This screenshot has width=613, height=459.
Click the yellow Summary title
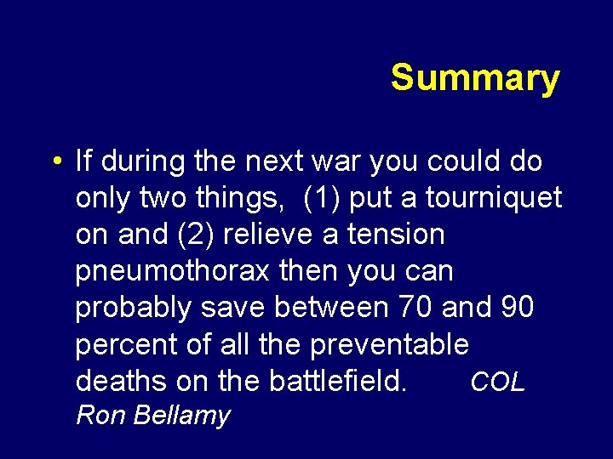coord(475,78)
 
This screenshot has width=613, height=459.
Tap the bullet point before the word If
coord(54,161)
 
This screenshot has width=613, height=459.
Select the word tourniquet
coord(494,197)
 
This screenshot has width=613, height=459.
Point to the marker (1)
coord(323,197)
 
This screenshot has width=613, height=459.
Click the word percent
coord(123,345)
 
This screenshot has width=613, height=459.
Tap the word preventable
coord(389,345)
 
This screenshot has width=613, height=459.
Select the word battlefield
coord(338,382)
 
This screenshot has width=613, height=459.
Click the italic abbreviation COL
coord(498,382)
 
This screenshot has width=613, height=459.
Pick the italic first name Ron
coord(97,416)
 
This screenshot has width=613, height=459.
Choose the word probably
coord(134,308)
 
